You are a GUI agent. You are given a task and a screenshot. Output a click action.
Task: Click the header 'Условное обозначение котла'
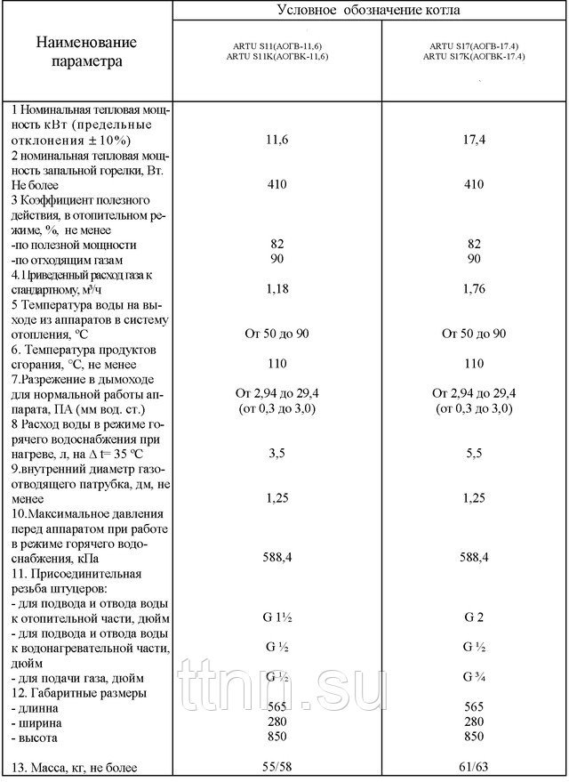tap(368, 10)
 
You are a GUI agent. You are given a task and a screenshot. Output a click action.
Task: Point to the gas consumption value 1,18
tap(275, 289)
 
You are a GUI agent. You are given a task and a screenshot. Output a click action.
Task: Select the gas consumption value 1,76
tap(474, 289)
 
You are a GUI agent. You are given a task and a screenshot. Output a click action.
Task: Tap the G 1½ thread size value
tap(275, 616)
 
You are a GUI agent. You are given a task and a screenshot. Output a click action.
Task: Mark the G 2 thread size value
tap(474, 616)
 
